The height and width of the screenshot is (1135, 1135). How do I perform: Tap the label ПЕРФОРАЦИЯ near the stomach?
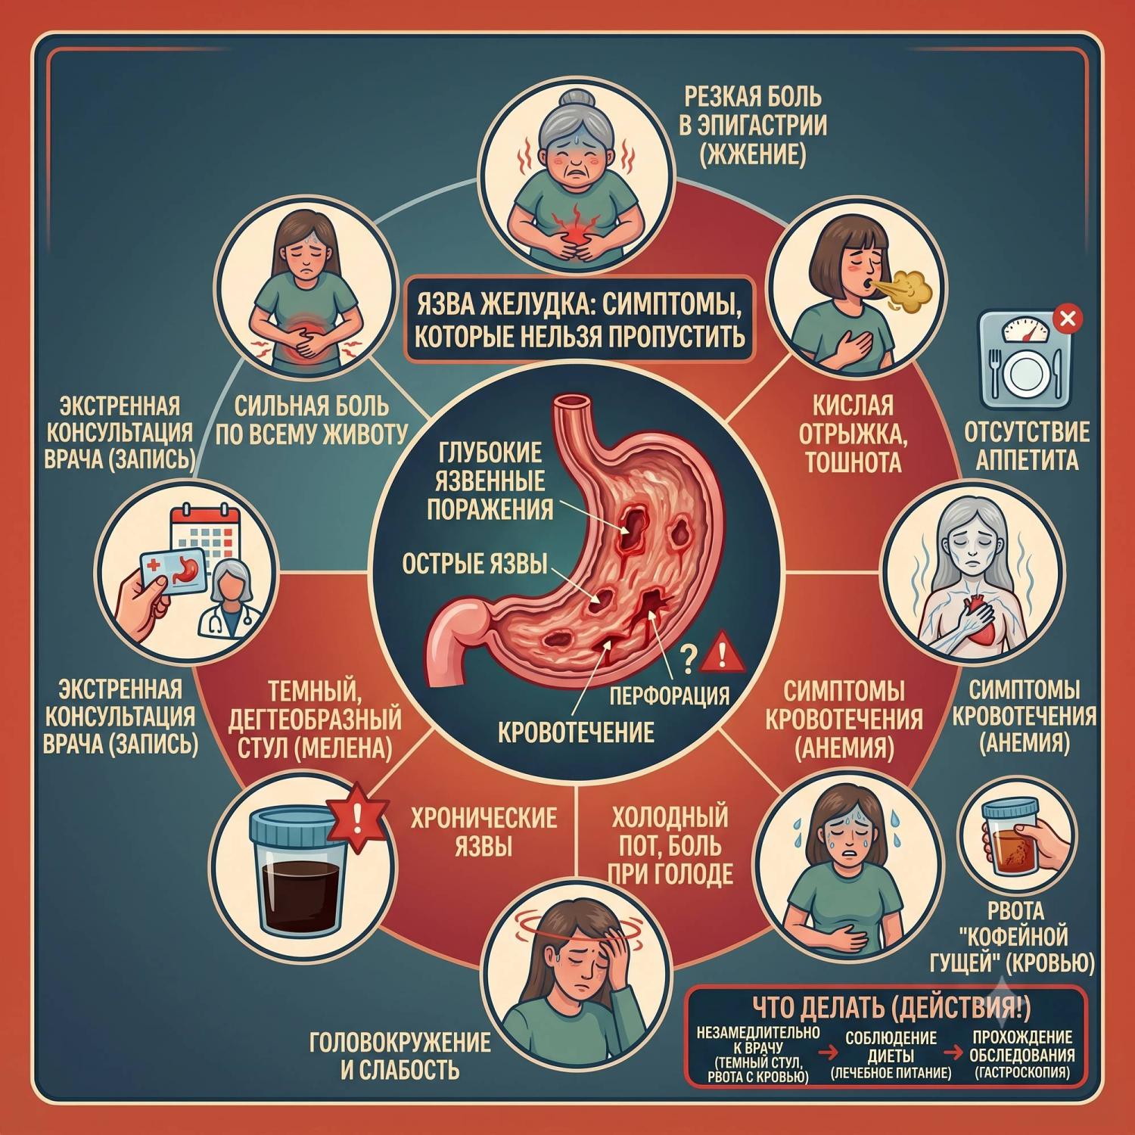670,695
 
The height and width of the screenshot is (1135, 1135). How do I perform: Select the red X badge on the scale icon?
1068,319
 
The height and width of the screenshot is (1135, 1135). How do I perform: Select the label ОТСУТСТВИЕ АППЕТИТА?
1027,446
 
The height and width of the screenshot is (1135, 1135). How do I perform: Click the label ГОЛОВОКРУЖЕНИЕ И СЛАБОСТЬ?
400,1056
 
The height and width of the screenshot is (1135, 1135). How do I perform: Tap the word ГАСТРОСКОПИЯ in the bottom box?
1022,1072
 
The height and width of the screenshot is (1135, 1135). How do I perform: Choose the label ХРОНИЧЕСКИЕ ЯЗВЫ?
484,832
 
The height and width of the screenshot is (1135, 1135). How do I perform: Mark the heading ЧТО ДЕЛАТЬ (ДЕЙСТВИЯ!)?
891,1007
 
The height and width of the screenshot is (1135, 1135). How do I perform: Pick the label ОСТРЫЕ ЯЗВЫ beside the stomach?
474,564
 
